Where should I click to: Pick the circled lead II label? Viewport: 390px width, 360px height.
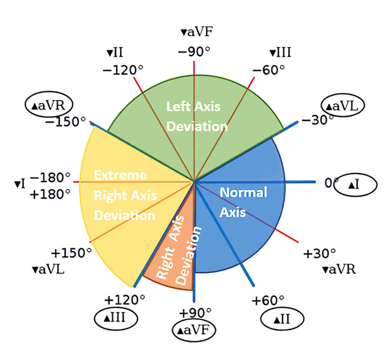click(282, 317)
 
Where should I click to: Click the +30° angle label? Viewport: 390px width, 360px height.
click(320, 253)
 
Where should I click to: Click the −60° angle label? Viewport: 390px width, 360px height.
click(269, 70)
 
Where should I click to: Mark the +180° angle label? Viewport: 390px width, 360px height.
click(50, 194)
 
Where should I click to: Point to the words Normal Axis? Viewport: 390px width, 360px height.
click(243, 202)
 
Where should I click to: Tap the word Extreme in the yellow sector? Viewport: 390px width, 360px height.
click(120, 175)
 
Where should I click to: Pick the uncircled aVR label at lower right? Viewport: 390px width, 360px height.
click(339, 270)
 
